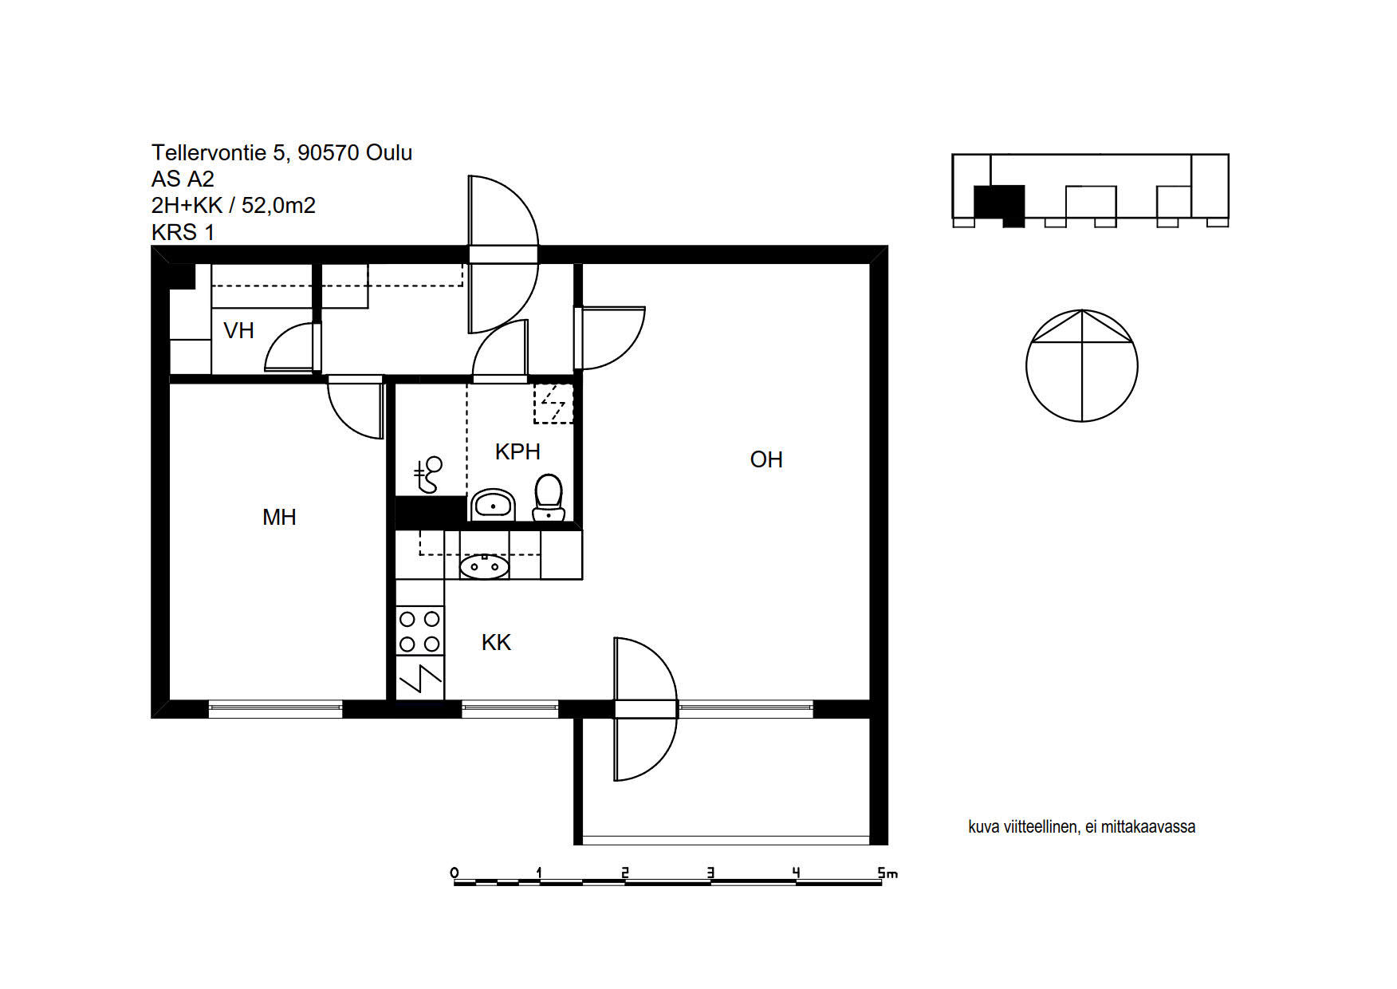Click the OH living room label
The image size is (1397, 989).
click(766, 459)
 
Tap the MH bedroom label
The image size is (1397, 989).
click(279, 517)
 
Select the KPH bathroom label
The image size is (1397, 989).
click(517, 451)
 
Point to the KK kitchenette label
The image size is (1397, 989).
click(496, 642)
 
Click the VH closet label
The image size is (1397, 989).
click(238, 330)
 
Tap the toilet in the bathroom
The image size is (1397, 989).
click(549, 498)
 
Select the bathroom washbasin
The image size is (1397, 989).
click(493, 505)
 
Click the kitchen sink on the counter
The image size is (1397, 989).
click(484, 566)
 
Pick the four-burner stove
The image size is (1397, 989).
click(420, 631)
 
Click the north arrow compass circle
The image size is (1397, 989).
click(1082, 365)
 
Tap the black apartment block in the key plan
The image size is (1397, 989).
click(999, 205)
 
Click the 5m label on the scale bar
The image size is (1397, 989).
click(887, 873)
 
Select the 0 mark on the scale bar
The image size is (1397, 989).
click(455, 873)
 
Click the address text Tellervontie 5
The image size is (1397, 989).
click(220, 153)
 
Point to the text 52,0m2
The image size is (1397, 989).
click(278, 206)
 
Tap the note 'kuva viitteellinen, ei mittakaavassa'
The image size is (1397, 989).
click(1081, 827)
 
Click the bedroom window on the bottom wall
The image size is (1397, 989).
click(276, 708)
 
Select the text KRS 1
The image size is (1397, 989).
click(183, 233)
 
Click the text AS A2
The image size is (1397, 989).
click(183, 179)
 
